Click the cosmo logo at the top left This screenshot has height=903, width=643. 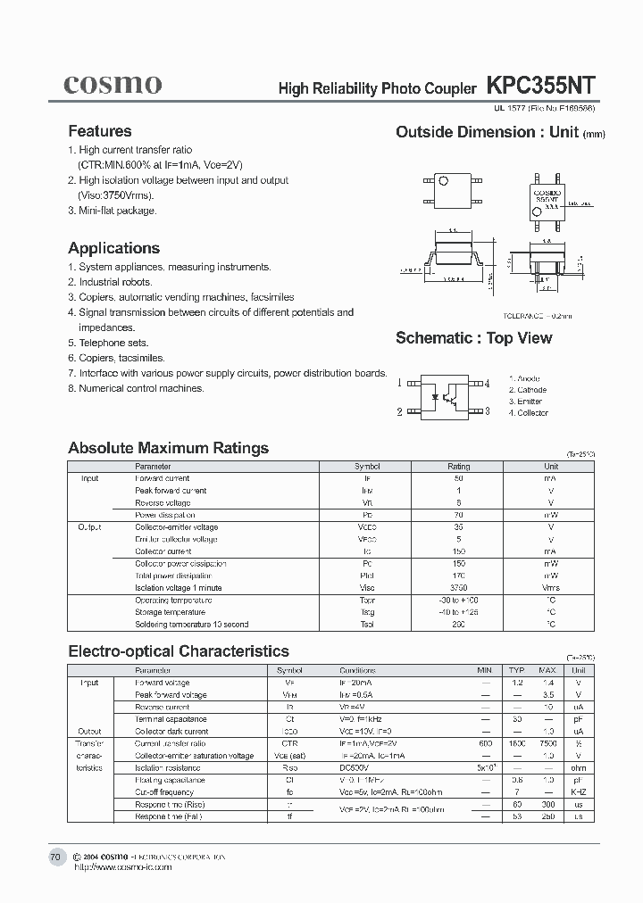pyautogui.click(x=113, y=84)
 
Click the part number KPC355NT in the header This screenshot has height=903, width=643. pyautogui.click(x=539, y=86)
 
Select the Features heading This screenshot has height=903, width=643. pyautogui.click(x=100, y=131)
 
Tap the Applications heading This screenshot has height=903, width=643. pyautogui.click(x=114, y=248)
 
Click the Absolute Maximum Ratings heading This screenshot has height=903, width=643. pyautogui.click(x=168, y=448)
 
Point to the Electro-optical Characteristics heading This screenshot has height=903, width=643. pyautogui.click(x=179, y=651)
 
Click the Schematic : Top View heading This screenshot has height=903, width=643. pyautogui.click(x=473, y=338)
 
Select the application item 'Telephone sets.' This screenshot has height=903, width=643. pyautogui.click(x=113, y=343)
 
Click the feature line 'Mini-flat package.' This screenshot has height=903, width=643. pyautogui.click(x=117, y=211)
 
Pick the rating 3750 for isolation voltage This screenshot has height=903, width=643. pyautogui.click(x=458, y=588)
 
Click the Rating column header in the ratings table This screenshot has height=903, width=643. pyautogui.click(x=458, y=467)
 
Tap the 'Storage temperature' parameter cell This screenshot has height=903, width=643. pyautogui.click(x=170, y=612)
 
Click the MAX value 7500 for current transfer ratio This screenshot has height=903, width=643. pyautogui.click(x=547, y=743)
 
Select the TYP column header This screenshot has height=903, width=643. pyautogui.click(x=516, y=670)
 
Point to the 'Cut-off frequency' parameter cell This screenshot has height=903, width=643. pyautogui.click(x=165, y=791)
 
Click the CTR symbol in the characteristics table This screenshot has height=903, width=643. pyautogui.click(x=289, y=743)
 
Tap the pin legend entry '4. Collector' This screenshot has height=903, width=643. pyautogui.click(x=529, y=413)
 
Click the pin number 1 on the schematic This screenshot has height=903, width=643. pyautogui.click(x=400, y=383)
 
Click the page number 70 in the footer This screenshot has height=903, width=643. pyautogui.click(x=55, y=857)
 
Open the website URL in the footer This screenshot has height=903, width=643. pyautogui.click(x=121, y=866)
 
